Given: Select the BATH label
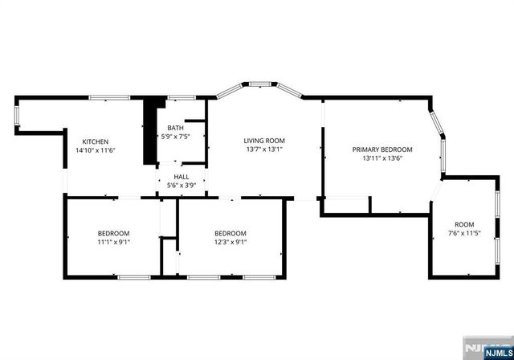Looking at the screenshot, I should tap(175, 128).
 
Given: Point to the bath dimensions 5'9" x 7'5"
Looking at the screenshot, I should tap(175, 137).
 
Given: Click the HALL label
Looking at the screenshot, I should tap(182, 177).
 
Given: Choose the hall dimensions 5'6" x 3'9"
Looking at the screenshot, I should tap(182, 186).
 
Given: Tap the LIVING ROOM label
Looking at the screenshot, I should tap(264, 141).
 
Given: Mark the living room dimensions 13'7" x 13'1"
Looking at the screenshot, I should tap(264, 149).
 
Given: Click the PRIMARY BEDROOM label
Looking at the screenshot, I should tap(382, 149).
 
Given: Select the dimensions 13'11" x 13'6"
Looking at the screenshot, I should tap(382, 158).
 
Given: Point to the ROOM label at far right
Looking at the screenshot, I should tap(464, 224).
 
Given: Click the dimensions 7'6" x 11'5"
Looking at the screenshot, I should tap(464, 233).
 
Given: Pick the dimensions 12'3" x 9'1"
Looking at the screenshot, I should tap(230, 241).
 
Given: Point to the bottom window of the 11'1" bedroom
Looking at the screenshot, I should tap(134, 276).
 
